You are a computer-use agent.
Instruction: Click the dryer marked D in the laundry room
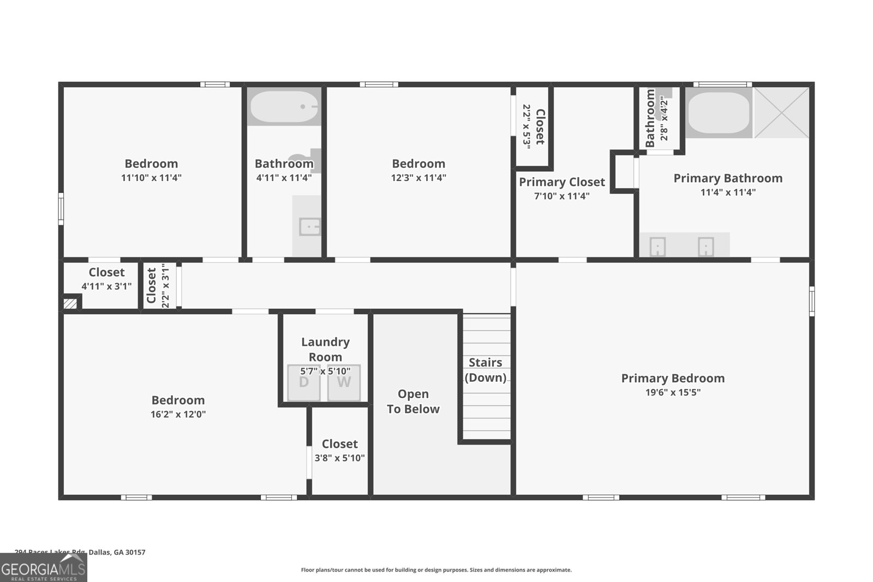pyautogui.click(x=303, y=383)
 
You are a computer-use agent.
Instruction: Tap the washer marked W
pyautogui.click(x=344, y=383)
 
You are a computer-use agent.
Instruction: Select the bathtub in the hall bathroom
pyautogui.click(x=284, y=107)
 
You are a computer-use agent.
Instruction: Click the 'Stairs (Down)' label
pyautogui.click(x=486, y=370)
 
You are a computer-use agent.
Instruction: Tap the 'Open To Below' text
pyautogui.click(x=413, y=401)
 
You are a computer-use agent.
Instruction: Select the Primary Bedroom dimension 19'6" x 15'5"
pyautogui.click(x=673, y=392)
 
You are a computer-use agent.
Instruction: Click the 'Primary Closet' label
pyautogui.click(x=562, y=182)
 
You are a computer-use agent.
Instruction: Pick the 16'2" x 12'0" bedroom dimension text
pyautogui.click(x=178, y=414)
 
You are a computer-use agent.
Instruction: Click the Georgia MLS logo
pyautogui.click(x=43, y=568)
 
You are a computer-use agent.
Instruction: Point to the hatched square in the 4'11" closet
pyautogui.click(x=70, y=303)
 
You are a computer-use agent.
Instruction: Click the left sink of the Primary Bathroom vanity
pyautogui.click(x=659, y=247)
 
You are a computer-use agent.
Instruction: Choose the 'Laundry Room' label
pyautogui.click(x=325, y=350)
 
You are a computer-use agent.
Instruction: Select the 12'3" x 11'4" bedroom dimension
pyautogui.click(x=418, y=177)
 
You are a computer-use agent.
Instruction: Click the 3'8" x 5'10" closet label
pyautogui.click(x=339, y=458)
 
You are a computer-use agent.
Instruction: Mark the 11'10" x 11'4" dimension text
pyautogui.click(x=151, y=177)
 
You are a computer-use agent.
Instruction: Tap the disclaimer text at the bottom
pyautogui.click(x=436, y=570)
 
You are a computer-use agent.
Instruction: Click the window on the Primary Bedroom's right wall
pyautogui.click(x=812, y=301)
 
